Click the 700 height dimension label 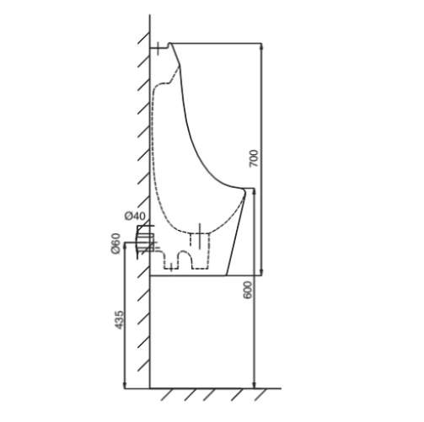coord(254,158)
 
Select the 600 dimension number coord(248,290)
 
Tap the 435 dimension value coord(119,319)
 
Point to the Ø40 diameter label coord(136,216)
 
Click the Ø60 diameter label coord(115,243)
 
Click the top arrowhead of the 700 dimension coord(261,46)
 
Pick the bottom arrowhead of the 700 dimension coord(261,272)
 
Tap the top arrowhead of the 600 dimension coord(254,192)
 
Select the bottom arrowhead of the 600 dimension coord(254,385)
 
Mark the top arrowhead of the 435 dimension coord(125,246)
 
